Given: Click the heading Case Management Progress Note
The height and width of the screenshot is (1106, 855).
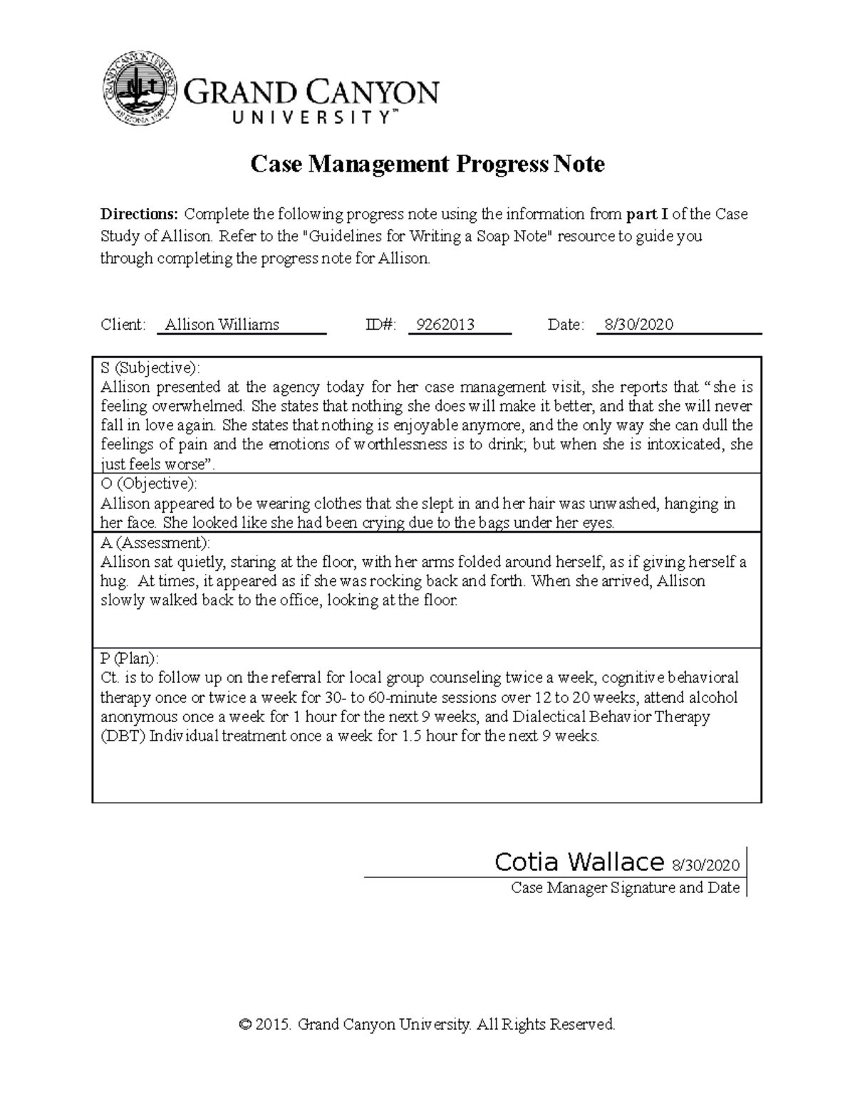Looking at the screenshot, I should pos(427,165).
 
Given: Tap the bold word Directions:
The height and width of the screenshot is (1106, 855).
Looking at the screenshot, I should pos(139,214).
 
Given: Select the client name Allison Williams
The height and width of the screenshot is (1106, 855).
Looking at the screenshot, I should pos(222,325).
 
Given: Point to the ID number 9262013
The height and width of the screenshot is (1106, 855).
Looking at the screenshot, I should pos(445,325).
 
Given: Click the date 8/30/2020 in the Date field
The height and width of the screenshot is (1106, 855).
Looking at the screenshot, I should pos(638,325).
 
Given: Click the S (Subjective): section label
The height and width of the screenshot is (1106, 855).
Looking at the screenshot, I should pos(150,368).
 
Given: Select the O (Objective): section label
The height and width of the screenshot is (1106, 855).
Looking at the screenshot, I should pos(149,484).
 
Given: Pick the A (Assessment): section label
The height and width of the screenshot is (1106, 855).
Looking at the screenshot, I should pos(155,543).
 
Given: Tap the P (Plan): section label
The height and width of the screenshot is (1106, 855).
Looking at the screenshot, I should pos(130,658).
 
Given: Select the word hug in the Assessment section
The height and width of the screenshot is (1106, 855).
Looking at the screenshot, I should pos(113,581).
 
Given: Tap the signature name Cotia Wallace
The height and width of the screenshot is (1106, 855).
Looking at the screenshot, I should pos(579,862).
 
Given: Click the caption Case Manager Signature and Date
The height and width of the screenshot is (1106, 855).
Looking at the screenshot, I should pos(625,888).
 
